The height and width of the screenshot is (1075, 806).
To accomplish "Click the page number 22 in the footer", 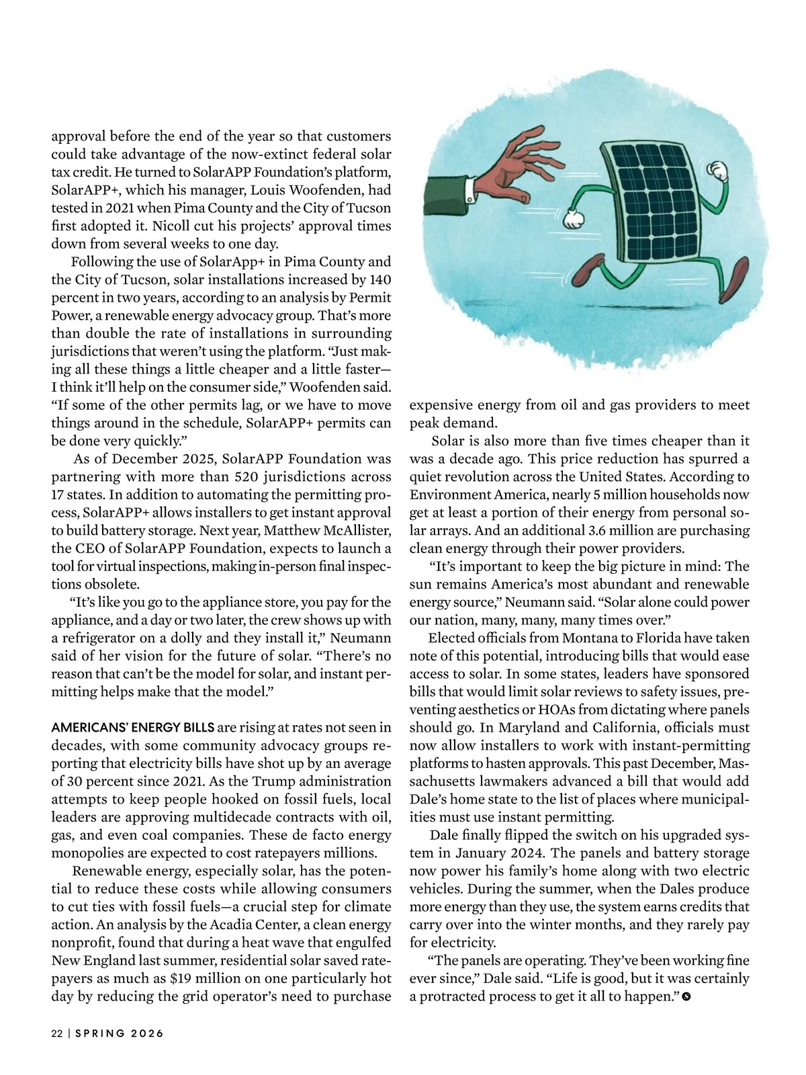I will [56, 1033].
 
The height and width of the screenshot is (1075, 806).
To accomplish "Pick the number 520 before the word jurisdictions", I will [248, 477].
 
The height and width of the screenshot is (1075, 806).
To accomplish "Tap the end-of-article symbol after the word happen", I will [686, 996].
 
